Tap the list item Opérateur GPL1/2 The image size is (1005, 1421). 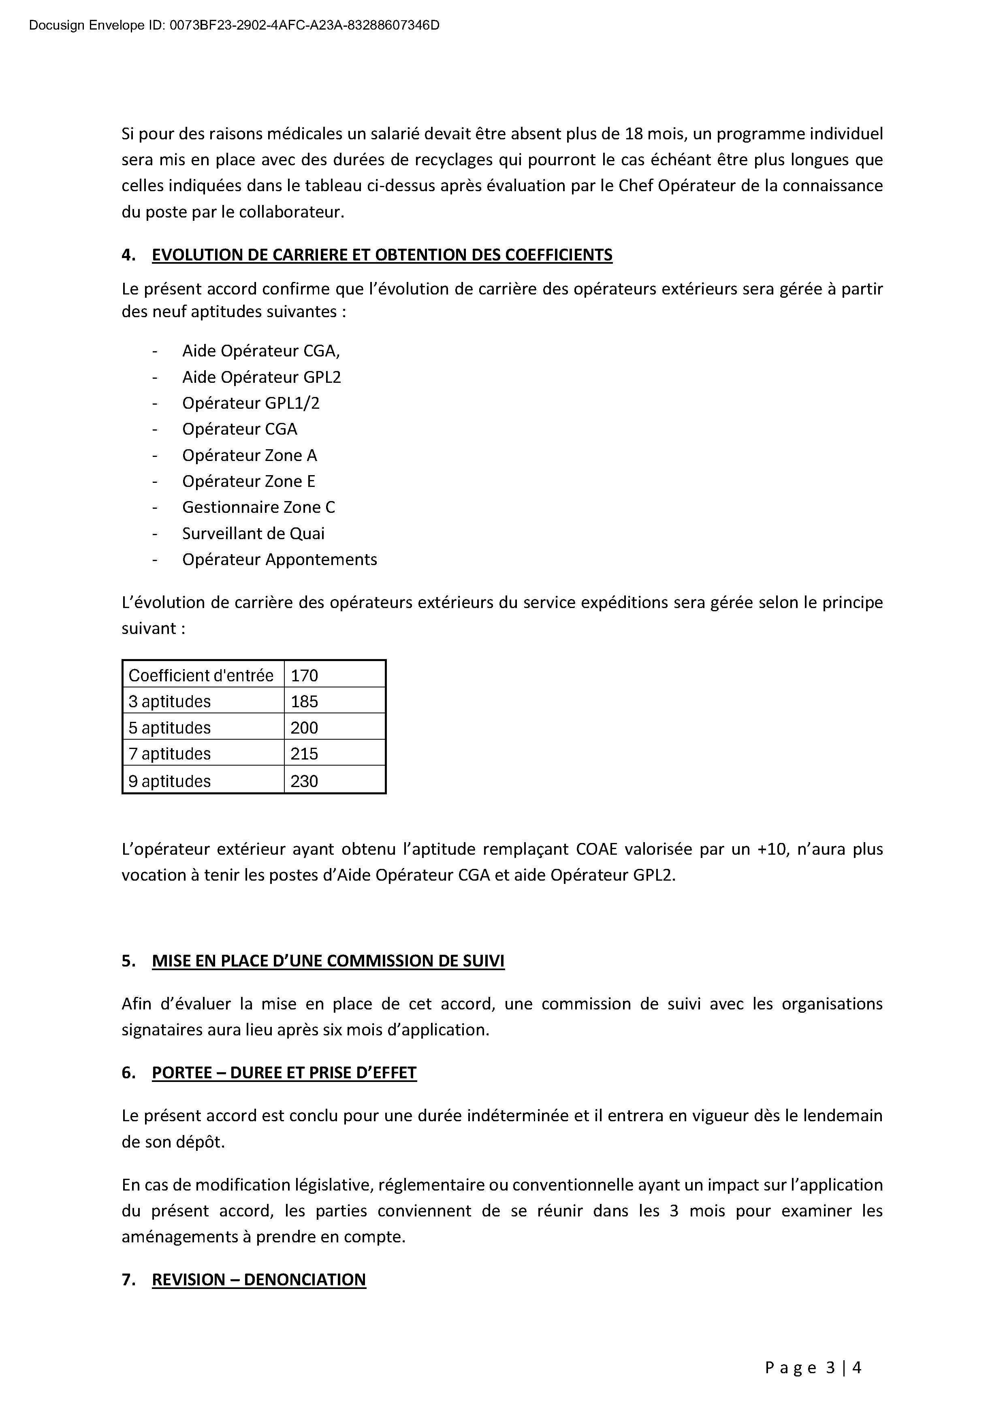(x=251, y=403)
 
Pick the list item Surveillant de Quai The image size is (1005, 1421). (x=253, y=533)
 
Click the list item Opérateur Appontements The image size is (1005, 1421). (x=279, y=559)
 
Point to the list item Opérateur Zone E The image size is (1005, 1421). (x=248, y=482)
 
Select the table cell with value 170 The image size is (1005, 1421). (x=305, y=675)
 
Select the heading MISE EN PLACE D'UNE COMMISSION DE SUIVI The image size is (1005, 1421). (x=328, y=961)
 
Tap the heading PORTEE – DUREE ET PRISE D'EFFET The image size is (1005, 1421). (x=284, y=1073)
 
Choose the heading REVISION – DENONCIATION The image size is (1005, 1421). (x=259, y=1280)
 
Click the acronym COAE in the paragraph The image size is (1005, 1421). (x=597, y=849)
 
